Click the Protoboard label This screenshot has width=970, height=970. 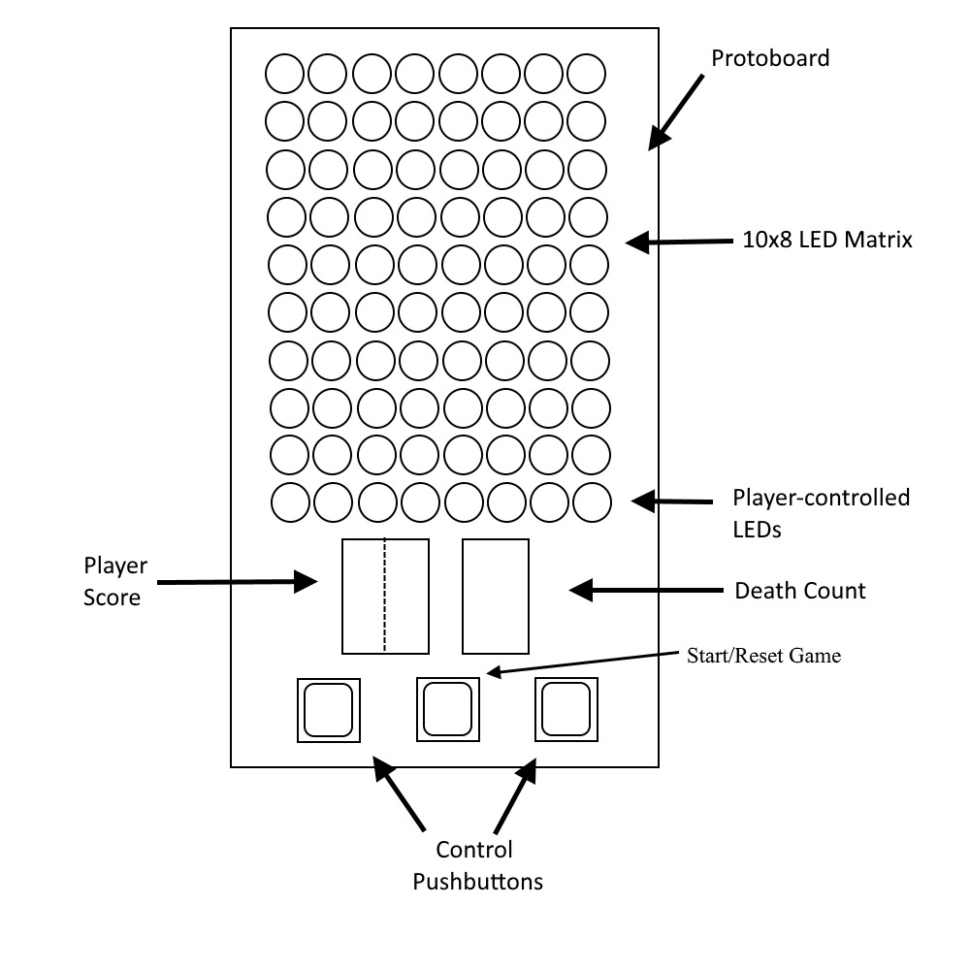[770, 58]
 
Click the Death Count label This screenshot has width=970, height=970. [800, 590]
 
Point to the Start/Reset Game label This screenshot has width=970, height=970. [763, 656]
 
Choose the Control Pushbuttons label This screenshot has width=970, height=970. [476, 865]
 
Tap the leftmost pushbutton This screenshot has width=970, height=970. [328, 710]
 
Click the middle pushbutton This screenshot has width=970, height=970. [448, 710]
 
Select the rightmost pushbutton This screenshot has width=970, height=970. [566, 710]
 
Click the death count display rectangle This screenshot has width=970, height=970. [495, 597]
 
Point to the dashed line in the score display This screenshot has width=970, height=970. [385, 597]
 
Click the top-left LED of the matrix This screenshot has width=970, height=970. [285, 74]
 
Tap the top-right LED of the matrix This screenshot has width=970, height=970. [586, 74]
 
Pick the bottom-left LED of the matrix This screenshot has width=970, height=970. [290, 502]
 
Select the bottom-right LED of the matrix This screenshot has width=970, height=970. [592, 502]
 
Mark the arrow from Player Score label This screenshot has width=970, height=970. [238, 582]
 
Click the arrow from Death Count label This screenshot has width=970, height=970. [646, 590]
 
